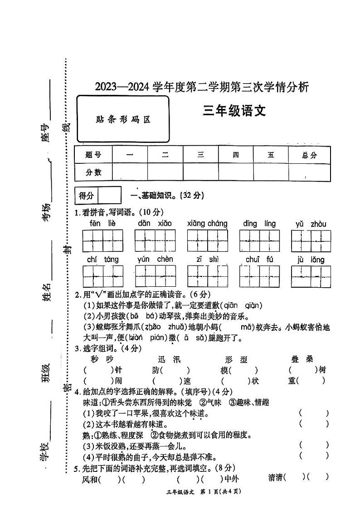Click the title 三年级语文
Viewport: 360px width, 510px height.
tap(234, 111)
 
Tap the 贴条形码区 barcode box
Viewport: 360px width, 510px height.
tap(123, 120)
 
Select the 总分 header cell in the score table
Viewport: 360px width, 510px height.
tap(309, 155)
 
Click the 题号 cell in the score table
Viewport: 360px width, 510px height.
tap(93, 155)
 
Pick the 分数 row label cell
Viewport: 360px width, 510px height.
tap(93, 172)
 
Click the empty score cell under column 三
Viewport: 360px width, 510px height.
tap(200, 172)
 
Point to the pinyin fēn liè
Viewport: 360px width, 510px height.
tap(102, 223)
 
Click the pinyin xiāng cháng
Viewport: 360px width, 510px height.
tap(207, 223)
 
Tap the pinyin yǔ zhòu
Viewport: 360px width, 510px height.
tap(311, 224)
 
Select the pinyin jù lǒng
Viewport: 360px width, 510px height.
tap(311, 260)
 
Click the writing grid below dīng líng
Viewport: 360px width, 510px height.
tap(259, 240)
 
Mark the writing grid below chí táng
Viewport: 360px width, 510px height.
tap(102, 276)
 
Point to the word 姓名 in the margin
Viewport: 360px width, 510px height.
tap(47, 291)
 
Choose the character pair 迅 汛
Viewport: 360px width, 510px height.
tap(166, 359)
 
